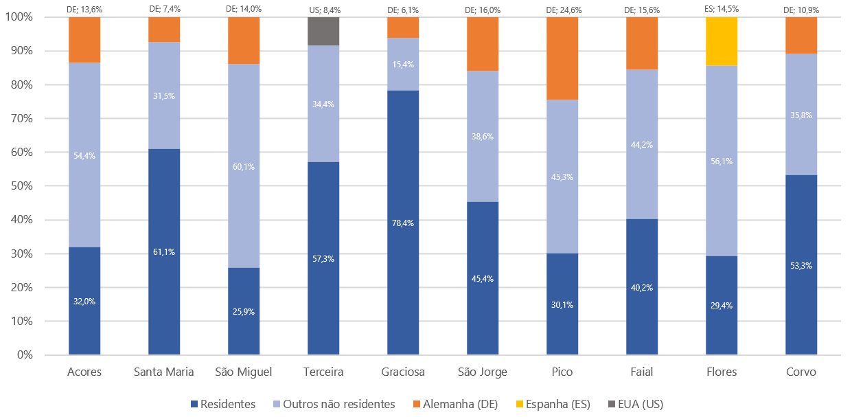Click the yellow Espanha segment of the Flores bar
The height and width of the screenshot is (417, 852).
[722, 41]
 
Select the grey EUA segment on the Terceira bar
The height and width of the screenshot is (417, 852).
[323, 31]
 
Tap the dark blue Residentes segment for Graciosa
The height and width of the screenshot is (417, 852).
[403, 275]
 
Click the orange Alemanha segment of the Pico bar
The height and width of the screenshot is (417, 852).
[562, 58]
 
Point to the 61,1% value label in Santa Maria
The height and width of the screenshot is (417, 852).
[164, 252]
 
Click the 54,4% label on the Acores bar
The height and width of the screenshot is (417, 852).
[84, 156]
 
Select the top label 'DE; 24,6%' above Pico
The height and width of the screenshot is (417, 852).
[562, 9]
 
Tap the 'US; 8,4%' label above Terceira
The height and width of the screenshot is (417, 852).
[323, 9]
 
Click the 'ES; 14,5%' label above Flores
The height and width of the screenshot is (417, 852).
[722, 9]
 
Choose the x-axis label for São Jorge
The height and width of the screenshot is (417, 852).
[483, 372]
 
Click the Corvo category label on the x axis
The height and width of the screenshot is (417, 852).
[801, 372]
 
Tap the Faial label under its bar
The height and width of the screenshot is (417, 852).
[642, 372]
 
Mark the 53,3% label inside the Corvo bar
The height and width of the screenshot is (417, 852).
[801, 265]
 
